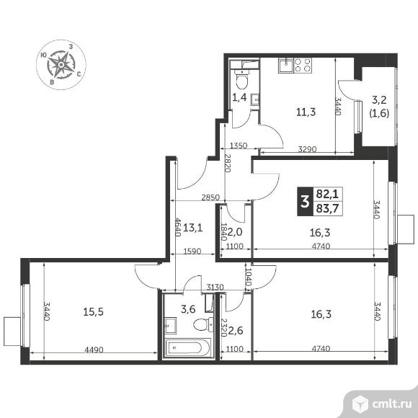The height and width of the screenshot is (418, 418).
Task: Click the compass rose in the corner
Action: tap(61, 65)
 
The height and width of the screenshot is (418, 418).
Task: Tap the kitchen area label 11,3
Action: tap(306, 112)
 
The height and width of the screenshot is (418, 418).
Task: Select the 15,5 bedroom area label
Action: tap(93, 311)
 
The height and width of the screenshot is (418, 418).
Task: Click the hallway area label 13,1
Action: tap(193, 228)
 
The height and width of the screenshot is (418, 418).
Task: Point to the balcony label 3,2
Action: tap(379, 100)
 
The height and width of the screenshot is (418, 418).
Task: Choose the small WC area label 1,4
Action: tap(239, 97)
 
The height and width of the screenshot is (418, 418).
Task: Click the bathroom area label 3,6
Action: tap(188, 309)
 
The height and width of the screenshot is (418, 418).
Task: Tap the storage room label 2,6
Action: tap(236, 331)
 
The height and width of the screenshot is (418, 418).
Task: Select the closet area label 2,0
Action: tap(235, 232)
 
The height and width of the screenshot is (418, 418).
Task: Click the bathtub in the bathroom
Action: tap(188, 347)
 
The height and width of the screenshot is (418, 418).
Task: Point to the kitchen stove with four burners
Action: tap(303, 66)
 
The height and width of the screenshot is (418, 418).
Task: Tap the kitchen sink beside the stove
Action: tap(286, 66)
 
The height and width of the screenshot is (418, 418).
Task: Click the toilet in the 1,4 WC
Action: tap(242, 79)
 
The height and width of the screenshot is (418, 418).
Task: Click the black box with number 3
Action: tap(305, 202)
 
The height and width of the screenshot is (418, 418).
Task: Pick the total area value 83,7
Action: tap(327, 209)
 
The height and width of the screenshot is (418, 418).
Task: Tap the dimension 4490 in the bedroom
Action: tap(94, 350)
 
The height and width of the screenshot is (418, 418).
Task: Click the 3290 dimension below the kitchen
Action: tap(307, 149)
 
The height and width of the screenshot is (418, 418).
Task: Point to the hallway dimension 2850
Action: tap(210, 197)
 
